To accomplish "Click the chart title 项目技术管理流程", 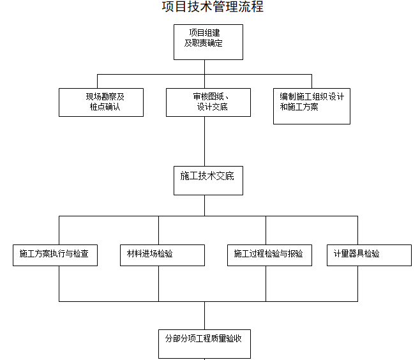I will pos(213,8).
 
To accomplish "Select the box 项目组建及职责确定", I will pos(204,41).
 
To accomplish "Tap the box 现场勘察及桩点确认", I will pos(101,102).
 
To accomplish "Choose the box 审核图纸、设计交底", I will pos(208,102).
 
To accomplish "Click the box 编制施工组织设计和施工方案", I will pos(311,105).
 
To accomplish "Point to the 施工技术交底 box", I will pos(204,180).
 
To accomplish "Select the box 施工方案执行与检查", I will pos(56,254).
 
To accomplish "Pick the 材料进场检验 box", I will pos(162,254).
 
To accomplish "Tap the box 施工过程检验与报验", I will pos(269,254).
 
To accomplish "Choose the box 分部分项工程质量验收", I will pos(204,343).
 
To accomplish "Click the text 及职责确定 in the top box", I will pos(203,43).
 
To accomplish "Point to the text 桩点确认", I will pos(105,107).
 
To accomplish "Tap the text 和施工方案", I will pos(299,107).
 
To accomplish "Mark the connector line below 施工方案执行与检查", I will pos(59,283).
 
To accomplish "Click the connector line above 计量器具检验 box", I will pos(358,230).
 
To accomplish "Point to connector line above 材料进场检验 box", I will pos(158,230).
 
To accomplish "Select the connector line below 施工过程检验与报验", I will pos(266,283).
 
